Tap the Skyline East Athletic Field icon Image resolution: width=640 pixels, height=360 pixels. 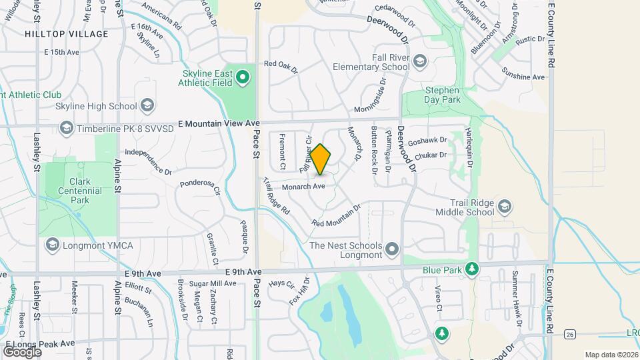(243, 77)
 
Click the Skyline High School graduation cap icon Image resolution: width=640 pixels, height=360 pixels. (147, 105)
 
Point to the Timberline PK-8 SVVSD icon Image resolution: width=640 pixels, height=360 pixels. (66, 127)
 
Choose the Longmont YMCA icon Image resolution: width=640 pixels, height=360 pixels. (52, 245)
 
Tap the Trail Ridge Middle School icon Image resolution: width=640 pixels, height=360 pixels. (504, 207)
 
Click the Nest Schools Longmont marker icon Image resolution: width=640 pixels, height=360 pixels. (393, 250)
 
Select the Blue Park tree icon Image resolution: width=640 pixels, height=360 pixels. (472, 269)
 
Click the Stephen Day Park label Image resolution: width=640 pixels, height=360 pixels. (443, 95)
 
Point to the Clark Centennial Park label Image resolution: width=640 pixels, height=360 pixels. (85, 191)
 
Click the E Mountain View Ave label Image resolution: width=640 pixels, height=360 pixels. (218, 123)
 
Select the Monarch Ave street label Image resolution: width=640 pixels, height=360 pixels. (303, 187)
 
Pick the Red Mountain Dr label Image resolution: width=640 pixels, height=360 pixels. (335, 215)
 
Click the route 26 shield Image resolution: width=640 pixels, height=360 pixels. (569, 333)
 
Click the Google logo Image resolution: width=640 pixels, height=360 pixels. (22, 351)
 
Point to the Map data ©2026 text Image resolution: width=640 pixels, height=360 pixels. (611, 355)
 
